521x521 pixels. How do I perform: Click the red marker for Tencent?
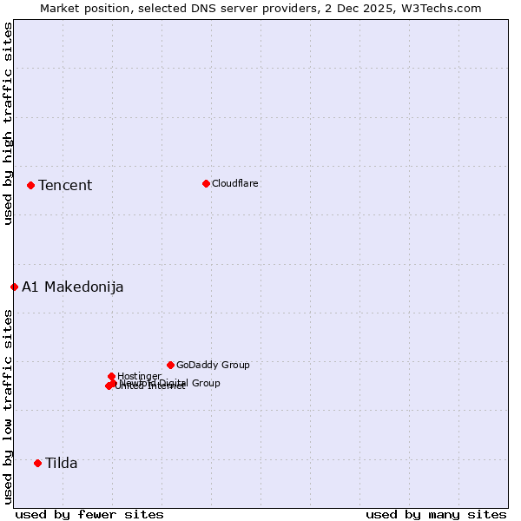[30, 185]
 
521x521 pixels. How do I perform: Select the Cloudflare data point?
[206, 183]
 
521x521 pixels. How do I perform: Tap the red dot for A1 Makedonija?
[14, 287]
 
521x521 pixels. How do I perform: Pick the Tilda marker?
[37, 463]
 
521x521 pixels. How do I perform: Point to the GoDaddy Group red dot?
[170, 365]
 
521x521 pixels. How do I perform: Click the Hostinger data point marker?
[112, 376]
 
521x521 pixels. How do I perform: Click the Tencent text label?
[65, 185]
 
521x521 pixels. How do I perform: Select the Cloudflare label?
[234, 183]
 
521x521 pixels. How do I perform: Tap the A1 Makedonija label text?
[73, 287]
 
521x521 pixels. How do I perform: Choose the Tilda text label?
[62, 463]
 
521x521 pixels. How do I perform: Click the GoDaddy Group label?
[213, 365]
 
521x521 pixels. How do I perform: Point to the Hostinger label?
[139, 376]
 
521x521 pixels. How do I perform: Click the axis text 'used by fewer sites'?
[89, 514]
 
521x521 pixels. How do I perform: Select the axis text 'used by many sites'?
[436, 514]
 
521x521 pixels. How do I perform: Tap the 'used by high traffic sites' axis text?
[8, 123]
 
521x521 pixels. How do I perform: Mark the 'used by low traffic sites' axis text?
[8, 406]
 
